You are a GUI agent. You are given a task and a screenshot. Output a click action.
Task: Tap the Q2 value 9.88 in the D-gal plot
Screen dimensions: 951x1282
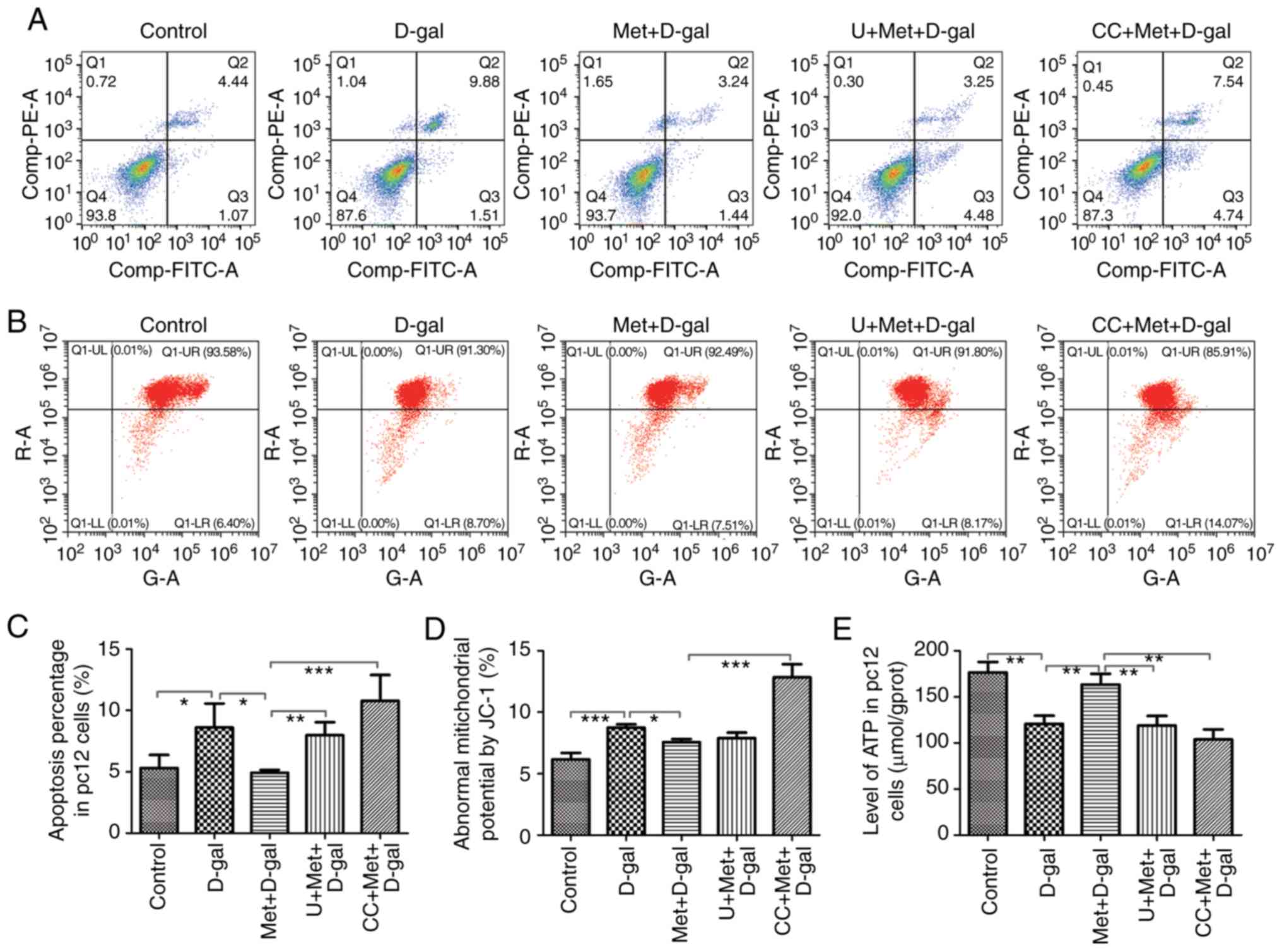pyautogui.click(x=484, y=81)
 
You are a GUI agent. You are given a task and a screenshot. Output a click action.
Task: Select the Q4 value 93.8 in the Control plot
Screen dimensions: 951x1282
pyautogui.click(x=102, y=215)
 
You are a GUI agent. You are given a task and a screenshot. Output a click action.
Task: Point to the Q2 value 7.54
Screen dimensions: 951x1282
pyautogui.click(x=1229, y=81)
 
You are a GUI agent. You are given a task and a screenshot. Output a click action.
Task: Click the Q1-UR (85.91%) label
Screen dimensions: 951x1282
pyautogui.click(x=1206, y=352)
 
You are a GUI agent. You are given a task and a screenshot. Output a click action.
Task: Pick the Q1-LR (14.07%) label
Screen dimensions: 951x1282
pyautogui.click(x=1208, y=523)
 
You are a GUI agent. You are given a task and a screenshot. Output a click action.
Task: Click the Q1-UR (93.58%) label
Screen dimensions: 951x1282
pyautogui.click(x=206, y=352)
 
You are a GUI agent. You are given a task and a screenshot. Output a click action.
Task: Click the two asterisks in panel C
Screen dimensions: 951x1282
pyautogui.click(x=295, y=719)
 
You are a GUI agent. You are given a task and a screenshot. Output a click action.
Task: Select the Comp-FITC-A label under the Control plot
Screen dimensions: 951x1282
pyautogui.click(x=173, y=270)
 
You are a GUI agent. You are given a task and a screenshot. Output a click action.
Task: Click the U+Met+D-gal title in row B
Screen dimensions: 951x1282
pyautogui.click(x=912, y=325)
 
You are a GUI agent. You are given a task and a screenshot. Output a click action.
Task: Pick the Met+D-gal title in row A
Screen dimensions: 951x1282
pyautogui.click(x=661, y=30)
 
